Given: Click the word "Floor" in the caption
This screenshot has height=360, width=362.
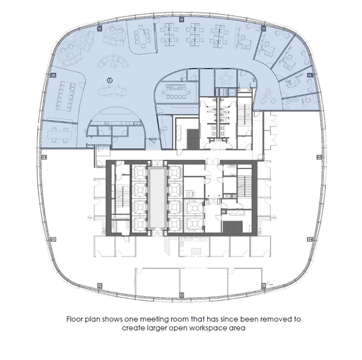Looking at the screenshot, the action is [x=75, y=320].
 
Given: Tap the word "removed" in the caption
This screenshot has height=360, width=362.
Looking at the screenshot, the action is [x=277, y=320].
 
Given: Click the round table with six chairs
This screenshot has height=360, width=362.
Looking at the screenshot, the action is [x=226, y=78].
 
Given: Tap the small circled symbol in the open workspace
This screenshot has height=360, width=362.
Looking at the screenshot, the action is [x=110, y=80].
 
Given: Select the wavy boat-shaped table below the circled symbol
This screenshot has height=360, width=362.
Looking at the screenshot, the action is [x=113, y=91].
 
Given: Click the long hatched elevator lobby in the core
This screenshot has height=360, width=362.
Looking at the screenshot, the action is [x=157, y=198].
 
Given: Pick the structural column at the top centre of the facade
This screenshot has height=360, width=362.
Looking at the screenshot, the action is [x=182, y=19].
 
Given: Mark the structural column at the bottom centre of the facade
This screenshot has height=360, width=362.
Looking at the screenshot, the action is [x=182, y=295].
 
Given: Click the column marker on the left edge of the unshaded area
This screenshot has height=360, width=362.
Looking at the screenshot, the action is [x=44, y=157].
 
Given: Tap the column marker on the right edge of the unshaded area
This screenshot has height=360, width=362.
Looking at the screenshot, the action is [x=319, y=157].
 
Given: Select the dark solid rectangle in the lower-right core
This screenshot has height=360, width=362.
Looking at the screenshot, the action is [x=233, y=227].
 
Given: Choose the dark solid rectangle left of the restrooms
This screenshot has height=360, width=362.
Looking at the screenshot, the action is [x=193, y=139].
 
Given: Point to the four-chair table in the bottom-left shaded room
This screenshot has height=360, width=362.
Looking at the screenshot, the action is [x=60, y=135].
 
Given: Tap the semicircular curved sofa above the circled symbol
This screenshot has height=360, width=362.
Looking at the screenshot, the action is [x=113, y=61].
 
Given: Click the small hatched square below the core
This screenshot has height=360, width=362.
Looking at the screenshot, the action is [x=196, y=252].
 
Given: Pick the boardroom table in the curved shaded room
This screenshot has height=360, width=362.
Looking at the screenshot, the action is [x=176, y=92].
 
